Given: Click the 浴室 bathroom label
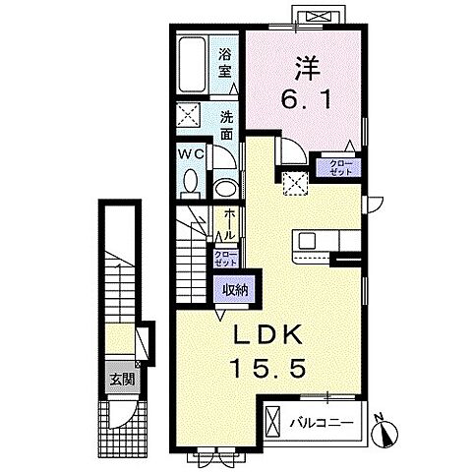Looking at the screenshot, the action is point(225,63).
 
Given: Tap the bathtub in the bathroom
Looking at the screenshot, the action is point(193,65).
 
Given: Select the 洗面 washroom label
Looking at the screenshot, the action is point(226,126).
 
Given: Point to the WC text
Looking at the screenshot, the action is point(191,153).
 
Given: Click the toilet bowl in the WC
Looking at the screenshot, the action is point(191,182).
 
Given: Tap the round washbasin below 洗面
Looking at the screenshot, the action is point(226,188).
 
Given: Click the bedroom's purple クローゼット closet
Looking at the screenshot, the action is point(339,168).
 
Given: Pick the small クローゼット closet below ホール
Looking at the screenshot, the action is point(225,259).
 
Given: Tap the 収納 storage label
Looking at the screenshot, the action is point(234,289).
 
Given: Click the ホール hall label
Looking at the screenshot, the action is point(229,225).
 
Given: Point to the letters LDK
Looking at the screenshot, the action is point(267,334).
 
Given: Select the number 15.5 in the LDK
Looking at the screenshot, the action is point(267,367).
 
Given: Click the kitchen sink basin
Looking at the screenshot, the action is point(307,241).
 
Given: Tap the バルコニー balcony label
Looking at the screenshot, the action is point(322,423).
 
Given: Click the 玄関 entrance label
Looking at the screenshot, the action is point(122,380).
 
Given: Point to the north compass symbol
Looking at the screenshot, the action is point(384,431).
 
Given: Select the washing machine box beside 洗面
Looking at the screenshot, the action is point(188,114).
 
